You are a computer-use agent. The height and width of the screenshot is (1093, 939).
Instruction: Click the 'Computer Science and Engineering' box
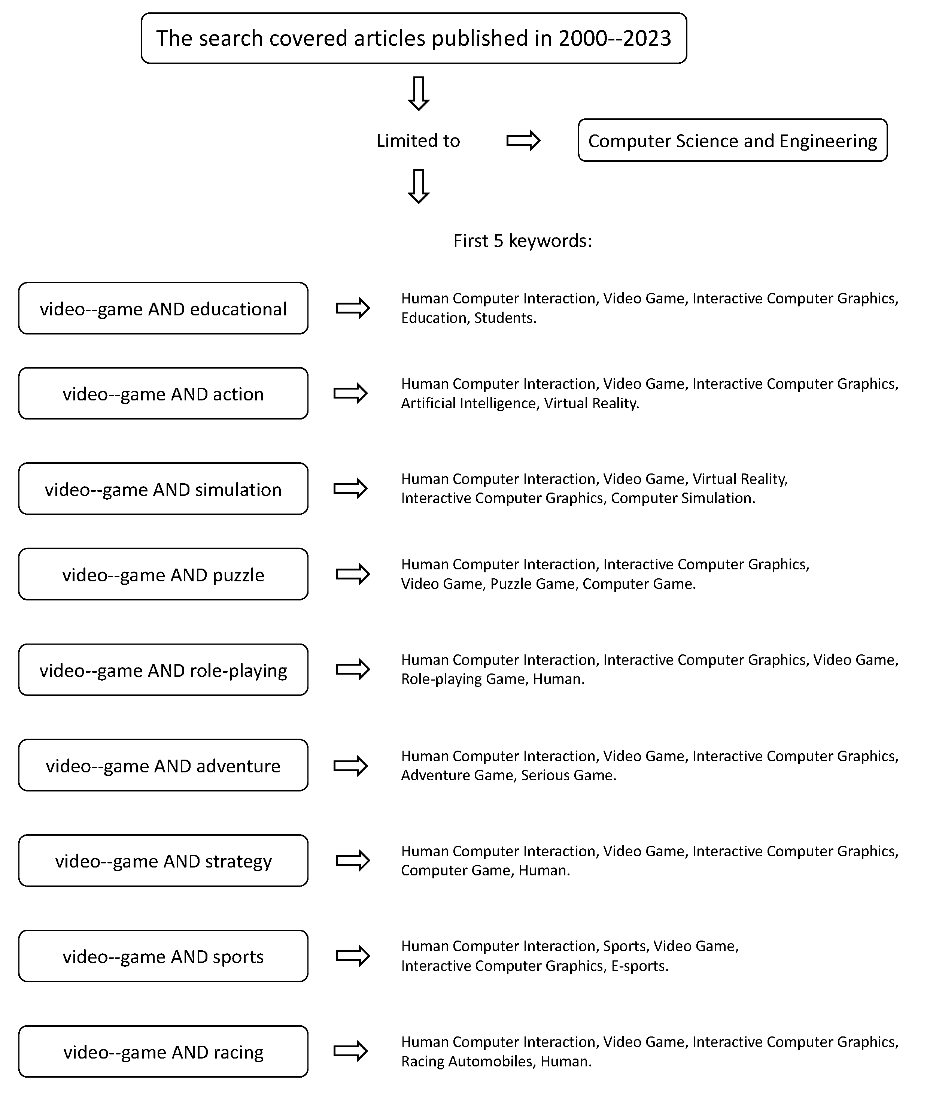732,140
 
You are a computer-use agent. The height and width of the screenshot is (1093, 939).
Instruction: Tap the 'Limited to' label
418,140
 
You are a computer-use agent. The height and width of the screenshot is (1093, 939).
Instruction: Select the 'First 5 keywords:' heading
523,240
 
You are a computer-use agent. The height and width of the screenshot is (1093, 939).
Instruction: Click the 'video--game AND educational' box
164,309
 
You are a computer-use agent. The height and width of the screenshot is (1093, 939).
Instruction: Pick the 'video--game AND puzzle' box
164,575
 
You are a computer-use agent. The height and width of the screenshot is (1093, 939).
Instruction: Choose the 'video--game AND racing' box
164,1051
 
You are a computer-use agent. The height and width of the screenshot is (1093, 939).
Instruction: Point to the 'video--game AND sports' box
164,956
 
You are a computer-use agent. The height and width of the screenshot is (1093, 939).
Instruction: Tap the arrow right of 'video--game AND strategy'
353,861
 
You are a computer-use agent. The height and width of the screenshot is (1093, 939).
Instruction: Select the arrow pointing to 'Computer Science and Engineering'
523,140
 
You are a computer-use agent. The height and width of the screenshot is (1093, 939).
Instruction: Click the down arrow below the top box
419,93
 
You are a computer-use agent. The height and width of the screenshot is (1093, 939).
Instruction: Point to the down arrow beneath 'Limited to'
419,186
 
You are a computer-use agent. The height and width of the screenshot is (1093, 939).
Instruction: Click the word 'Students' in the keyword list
504,318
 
